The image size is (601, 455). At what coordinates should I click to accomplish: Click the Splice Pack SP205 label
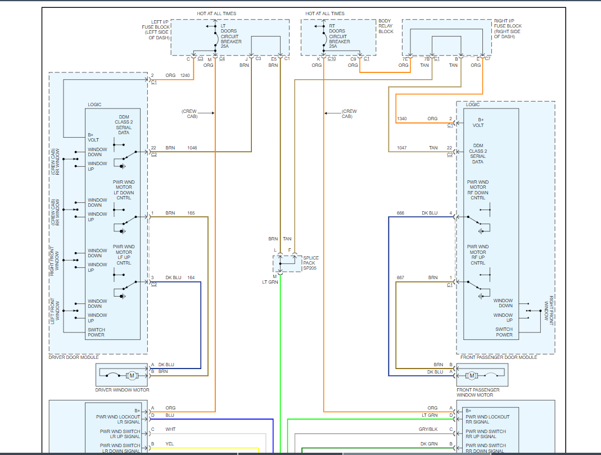(x=311, y=263)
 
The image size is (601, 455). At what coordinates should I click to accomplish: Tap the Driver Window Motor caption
(x=122, y=390)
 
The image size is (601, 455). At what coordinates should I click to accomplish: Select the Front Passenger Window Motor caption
(x=478, y=392)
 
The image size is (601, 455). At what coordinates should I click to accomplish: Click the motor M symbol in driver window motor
(x=132, y=375)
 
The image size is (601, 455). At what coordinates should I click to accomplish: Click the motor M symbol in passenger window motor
(x=472, y=375)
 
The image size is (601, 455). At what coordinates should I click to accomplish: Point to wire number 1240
(x=185, y=75)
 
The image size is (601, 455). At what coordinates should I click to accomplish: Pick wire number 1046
(x=192, y=148)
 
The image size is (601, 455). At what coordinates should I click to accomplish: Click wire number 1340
(x=401, y=119)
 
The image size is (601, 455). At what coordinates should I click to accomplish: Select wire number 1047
(x=401, y=148)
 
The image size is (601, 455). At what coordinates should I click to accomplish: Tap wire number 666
(x=400, y=213)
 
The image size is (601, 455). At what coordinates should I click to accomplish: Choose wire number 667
(x=400, y=277)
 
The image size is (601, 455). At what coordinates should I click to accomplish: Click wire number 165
(x=191, y=213)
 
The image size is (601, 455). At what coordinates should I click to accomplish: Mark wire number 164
(x=191, y=277)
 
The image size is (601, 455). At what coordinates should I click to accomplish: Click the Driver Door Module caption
(x=74, y=357)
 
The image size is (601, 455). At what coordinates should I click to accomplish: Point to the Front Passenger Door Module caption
(x=499, y=357)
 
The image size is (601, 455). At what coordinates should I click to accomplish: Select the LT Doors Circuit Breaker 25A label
(x=231, y=36)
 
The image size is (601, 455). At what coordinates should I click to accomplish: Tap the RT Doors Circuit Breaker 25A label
(x=339, y=36)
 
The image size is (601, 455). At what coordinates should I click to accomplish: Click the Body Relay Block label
(x=386, y=26)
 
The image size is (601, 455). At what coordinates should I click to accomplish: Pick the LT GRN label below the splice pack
(x=270, y=282)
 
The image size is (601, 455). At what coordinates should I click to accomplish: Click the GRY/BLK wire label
(x=428, y=429)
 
